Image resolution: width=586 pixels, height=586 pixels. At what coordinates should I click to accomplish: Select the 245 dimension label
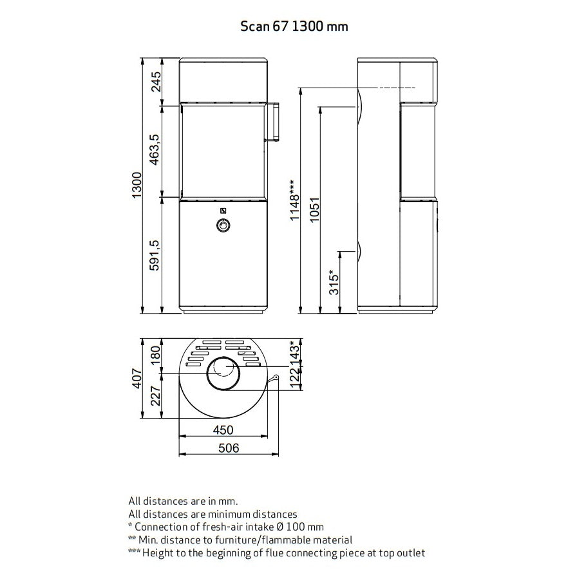(x=155, y=82)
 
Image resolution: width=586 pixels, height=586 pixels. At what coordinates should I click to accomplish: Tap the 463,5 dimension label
(x=155, y=150)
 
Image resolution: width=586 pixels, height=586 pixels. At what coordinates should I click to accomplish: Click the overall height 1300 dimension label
(x=137, y=185)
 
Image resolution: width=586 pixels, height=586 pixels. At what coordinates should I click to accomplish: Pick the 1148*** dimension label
(x=295, y=200)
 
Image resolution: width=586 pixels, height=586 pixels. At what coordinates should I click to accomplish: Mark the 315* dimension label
(x=334, y=283)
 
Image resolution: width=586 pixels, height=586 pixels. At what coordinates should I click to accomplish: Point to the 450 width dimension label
(x=223, y=430)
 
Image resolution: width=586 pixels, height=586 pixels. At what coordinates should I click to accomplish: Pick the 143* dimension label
(x=296, y=352)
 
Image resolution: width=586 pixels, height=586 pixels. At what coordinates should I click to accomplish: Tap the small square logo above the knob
(x=223, y=209)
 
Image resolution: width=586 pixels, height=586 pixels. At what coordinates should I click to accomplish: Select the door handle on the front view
(x=272, y=122)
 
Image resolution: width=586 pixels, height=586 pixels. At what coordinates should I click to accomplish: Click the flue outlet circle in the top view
(x=223, y=373)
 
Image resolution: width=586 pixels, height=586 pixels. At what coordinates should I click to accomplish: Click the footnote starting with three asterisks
(x=277, y=553)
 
